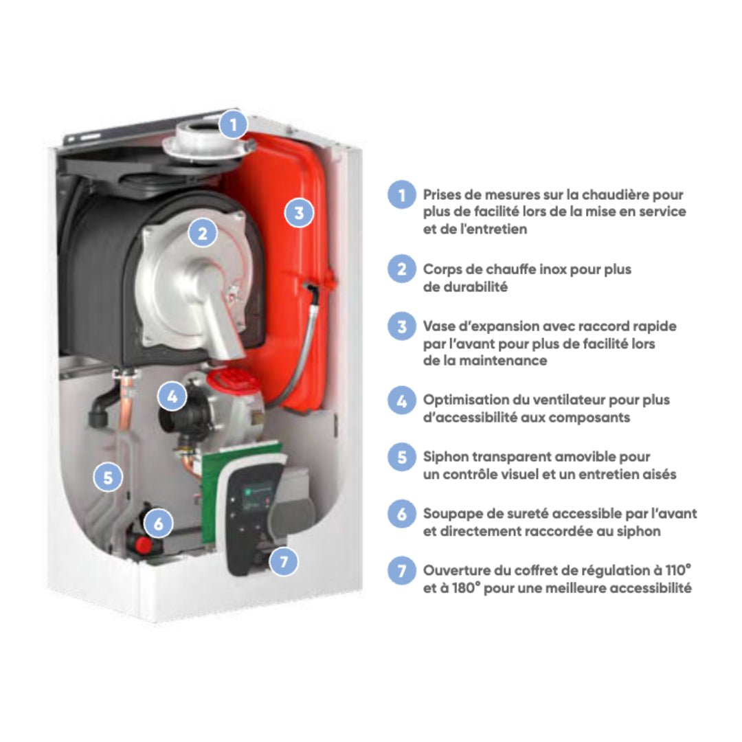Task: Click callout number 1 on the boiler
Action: click(233, 124)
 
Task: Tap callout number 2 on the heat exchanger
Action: click(203, 233)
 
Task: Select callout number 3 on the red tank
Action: click(299, 212)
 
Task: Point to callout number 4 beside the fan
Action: click(172, 396)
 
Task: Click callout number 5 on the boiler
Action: click(108, 477)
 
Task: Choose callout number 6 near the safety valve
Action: click(158, 524)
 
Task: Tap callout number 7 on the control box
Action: click(284, 562)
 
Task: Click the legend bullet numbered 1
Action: click(402, 194)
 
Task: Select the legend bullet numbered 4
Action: click(402, 401)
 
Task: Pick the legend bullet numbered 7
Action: click(402, 570)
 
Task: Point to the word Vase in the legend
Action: click(437, 326)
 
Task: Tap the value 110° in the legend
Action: click(679, 570)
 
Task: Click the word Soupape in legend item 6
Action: click(450, 515)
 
